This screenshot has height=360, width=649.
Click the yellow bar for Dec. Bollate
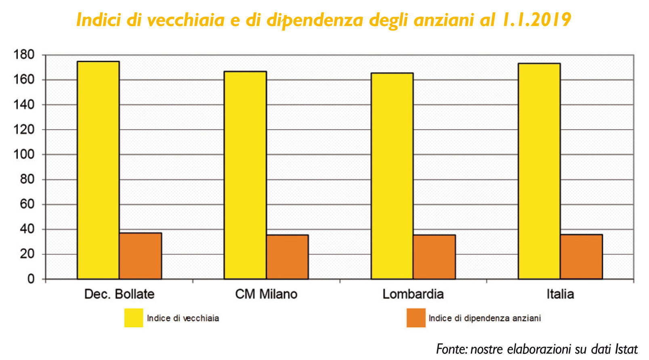[x=98, y=170]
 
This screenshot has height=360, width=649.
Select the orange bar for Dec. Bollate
[x=140, y=256]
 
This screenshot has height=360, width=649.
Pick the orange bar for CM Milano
[x=287, y=257]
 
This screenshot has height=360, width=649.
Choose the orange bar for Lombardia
[x=434, y=257]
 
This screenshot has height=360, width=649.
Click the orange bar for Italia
[x=581, y=257]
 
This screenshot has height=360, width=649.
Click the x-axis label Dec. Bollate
[x=119, y=294]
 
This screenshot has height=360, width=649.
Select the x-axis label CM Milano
[x=266, y=294]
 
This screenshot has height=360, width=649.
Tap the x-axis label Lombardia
[x=413, y=294]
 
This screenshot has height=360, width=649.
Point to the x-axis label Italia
[x=560, y=294]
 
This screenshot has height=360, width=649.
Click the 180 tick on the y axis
[x=24, y=54]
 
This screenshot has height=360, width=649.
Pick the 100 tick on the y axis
[x=24, y=154]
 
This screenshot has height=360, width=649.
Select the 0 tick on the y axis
[x=31, y=279]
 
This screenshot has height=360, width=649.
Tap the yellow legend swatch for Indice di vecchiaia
[x=133, y=318]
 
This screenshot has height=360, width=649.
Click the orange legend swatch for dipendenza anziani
[x=416, y=318]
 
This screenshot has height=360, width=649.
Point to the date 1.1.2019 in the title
[x=536, y=19]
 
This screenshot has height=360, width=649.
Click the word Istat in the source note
[x=626, y=349]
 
